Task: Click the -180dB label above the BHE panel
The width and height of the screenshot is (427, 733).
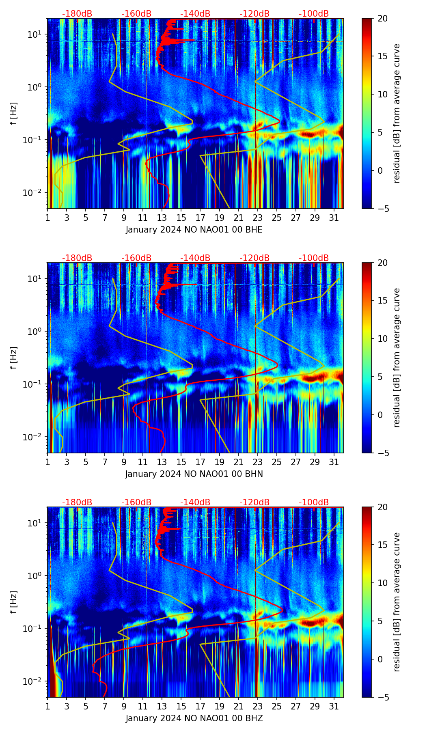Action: pyautogui.click(x=77, y=14)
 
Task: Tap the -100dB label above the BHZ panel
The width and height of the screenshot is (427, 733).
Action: pyautogui.click(x=314, y=502)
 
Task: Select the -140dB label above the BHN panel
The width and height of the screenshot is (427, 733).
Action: pyautogui.click(x=195, y=258)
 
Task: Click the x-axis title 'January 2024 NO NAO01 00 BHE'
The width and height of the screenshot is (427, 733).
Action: pyautogui.click(x=194, y=230)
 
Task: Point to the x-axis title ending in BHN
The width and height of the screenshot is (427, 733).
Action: pyautogui.click(x=194, y=474)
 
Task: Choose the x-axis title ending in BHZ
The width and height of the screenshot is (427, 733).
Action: pyautogui.click(x=194, y=718)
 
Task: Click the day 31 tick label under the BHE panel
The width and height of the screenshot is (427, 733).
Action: pyautogui.click(x=334, y=218)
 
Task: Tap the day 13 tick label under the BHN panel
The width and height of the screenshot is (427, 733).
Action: pyautogui.click(x=162, y=462)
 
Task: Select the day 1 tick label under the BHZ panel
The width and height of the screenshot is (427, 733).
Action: pyautogui.click(x=48, y=707)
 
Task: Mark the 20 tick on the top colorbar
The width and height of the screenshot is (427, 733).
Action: pyautogui.click(x=383, y=18)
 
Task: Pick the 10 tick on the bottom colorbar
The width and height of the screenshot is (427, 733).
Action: pyautogui.click(x=383, y=583)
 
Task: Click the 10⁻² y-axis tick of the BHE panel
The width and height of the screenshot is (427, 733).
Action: pyautogui.click(x=36, y=192)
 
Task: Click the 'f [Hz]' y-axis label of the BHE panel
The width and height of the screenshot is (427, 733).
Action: pyautogui.click(x=14, y=113)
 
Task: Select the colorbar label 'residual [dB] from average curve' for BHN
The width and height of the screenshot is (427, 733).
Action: pyautogui.click(x=397, y=358)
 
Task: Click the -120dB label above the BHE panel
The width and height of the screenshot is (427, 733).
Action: pyautogui.click(x=254, y=14)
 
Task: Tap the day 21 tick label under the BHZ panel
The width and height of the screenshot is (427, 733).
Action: pyautogui.click(x=238, y=707)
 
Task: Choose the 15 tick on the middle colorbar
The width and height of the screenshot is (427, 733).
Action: pyautogui.click(x=383, y=300)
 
